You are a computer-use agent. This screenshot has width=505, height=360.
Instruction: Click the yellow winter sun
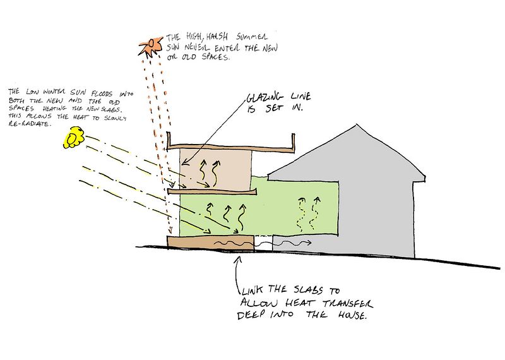click(74, 137)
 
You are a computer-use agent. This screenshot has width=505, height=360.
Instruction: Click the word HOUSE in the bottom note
click(351, 315)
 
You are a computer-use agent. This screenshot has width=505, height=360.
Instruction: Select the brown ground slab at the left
click(208, 243)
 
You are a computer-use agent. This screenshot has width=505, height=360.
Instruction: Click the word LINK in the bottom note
click(251, 292)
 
